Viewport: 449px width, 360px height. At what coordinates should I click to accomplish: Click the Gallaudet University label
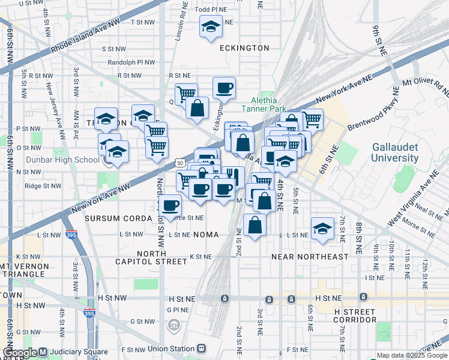pos(394,152)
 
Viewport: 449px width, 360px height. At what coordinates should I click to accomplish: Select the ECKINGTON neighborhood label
pos(244,47)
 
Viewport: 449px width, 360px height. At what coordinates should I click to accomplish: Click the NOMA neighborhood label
pos(205,234)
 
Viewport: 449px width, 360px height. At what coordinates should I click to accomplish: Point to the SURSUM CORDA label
pos(119,218)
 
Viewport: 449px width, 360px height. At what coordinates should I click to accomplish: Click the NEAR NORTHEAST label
pos(310,256)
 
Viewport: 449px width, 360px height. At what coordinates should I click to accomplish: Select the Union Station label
pos(172,348)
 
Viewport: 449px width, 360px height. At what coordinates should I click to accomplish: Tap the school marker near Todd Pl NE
pos(210,27)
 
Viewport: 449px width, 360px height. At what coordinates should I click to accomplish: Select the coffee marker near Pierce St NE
pos(170,205)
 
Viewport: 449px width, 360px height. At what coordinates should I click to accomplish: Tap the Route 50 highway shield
pos(180,162)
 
